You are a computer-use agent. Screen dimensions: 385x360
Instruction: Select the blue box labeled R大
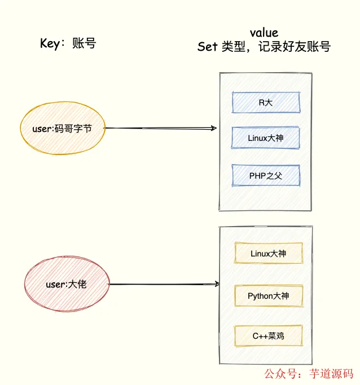click(266, 102)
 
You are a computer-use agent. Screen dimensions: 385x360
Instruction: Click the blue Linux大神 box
click(266, 138)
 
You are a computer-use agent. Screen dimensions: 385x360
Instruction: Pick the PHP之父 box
click(266, 175)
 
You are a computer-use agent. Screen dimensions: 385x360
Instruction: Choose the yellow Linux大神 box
click(268, 254)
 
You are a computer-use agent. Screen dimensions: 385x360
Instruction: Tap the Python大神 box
click(268, 295)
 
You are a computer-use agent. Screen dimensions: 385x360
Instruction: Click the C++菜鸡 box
click(268, 336)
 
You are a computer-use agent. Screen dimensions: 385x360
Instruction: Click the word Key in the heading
click(50, 43)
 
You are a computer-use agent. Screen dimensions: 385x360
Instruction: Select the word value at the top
click(264, 33)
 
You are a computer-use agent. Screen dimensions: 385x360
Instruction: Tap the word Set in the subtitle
click(207, 47)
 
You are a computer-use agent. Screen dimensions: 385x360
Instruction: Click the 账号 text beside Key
click(84, 43)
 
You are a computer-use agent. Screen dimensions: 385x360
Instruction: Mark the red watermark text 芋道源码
click(332, 374)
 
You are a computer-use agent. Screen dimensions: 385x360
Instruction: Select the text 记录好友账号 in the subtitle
click(295, 47)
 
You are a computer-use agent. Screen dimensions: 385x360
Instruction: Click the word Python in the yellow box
click(260, 295)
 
